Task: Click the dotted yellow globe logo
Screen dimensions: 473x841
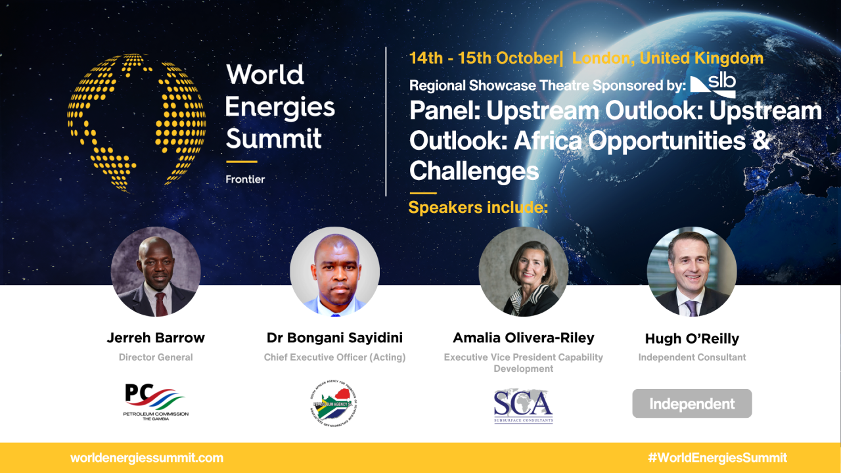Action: pos(137,123)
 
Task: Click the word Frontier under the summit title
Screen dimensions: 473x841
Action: pos(245,179)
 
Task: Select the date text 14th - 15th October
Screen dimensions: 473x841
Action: pos(483,58)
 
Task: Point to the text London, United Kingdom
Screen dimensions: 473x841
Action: pos(668,58)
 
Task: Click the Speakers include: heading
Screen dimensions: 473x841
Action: pos(478,208)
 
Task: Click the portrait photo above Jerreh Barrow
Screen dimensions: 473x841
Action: pos(156,272)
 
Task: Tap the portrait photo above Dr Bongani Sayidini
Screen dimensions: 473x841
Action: pos(334,272)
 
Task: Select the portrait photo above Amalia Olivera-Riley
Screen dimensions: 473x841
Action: pos(523,272)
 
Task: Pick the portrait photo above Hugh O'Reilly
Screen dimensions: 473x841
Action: pos(692,272)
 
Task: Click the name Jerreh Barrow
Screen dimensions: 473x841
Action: pos(156,338)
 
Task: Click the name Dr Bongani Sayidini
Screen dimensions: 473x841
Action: pos(334,338)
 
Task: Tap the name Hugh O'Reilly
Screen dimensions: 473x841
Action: pos(692,339)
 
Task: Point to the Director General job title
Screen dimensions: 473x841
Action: pos(156,357)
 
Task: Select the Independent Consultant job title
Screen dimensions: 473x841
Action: pos(692,357)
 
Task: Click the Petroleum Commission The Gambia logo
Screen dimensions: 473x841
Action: pos(156,402)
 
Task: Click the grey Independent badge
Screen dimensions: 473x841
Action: pos(692,403)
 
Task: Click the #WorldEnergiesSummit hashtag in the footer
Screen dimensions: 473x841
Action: pos(716,458)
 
